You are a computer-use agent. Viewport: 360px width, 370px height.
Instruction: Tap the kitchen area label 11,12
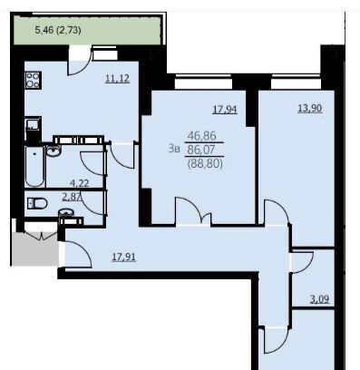(x=117, y=79)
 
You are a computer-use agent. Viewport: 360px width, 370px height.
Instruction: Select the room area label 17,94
(x=225, y=109)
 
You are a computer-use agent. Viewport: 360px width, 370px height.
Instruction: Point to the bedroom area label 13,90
(x=310, y=108)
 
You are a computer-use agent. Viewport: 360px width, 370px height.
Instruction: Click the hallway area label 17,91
(x=124, y=257)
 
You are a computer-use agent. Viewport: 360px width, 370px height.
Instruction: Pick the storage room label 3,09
(x=320, y=299)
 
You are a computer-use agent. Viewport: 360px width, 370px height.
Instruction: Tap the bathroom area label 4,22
(x=80, y=183)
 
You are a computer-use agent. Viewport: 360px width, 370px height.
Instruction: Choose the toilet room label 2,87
(x=72, y=197)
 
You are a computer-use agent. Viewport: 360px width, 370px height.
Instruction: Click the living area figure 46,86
(x=202, y=136)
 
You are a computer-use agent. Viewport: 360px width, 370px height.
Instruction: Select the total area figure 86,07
(x=201, y=150)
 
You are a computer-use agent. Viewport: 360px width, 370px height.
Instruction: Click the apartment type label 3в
(x=174, y=149)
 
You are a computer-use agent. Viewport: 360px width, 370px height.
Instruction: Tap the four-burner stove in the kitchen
(x=33, y=80)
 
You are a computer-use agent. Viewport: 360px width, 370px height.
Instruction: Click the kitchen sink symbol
(x=33, y=124)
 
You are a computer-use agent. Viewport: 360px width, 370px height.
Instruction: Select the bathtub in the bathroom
(x=35, y=167)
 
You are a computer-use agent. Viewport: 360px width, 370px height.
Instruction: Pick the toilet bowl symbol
(x=37, y=203)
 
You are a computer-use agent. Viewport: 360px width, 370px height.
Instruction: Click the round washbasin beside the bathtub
(x=54, y=150)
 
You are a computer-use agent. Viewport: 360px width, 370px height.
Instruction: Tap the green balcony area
(x=87, y=31)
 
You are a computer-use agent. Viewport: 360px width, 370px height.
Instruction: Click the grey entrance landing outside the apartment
(x=35, y=248)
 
